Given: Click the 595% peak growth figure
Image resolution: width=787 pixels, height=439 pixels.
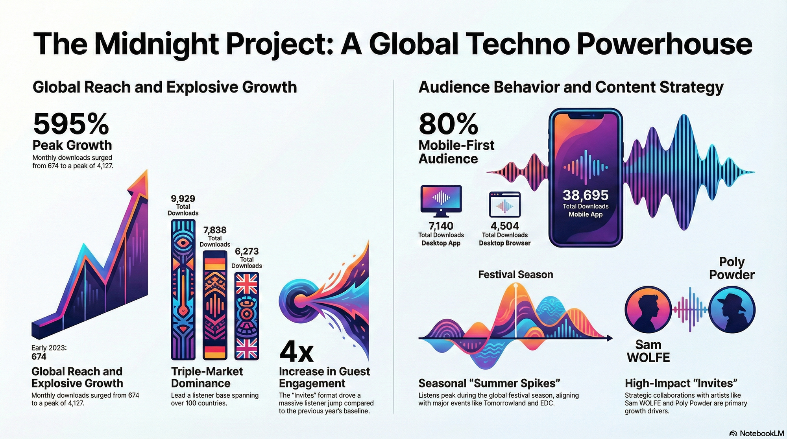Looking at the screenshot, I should coord(71,124).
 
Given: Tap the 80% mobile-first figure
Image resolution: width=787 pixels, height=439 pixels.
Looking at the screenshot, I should coord(448,124).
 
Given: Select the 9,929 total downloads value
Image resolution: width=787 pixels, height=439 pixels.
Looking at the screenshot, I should coord(183,199).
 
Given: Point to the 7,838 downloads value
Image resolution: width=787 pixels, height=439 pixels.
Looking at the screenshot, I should coord(215,230).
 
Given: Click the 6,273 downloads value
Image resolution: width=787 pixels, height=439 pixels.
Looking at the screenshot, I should coord(247,251).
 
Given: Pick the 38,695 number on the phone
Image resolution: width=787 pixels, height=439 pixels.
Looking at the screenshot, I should coord(586,195).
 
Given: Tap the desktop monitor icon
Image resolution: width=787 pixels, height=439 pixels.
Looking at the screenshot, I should coord(441,200).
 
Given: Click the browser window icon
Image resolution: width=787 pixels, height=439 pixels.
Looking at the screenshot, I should coord(504,205).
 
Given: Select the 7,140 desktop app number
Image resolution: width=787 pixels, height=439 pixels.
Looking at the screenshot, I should coord(441,226).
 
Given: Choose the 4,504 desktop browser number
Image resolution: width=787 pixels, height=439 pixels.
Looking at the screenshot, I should coord(504,226).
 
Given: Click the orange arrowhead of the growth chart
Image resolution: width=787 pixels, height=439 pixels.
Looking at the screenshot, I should coord(140,183).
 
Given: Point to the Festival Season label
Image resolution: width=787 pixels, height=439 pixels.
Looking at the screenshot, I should coord(515,275).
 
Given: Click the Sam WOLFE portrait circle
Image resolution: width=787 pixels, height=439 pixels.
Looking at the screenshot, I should coord(648,310).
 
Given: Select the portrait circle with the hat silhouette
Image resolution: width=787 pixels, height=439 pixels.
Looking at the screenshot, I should coord(732,310).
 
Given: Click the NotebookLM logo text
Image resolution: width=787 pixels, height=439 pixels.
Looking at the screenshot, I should coord(761,433).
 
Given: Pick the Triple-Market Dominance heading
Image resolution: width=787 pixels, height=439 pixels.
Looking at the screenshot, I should coord(207,377).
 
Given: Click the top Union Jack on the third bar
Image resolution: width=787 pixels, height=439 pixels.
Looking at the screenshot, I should coord(247,284).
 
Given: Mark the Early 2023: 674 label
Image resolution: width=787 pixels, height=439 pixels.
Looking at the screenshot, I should coord(49,352).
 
